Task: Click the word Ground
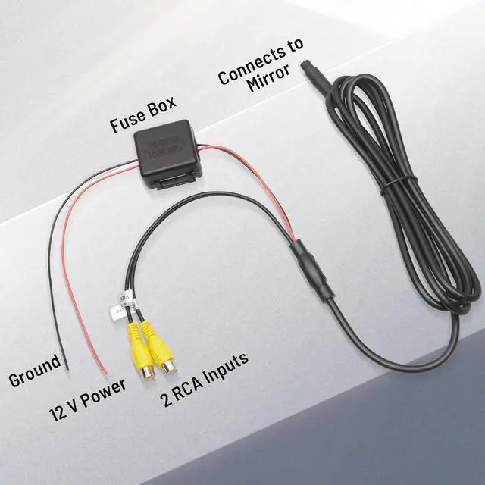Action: point(34,371)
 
